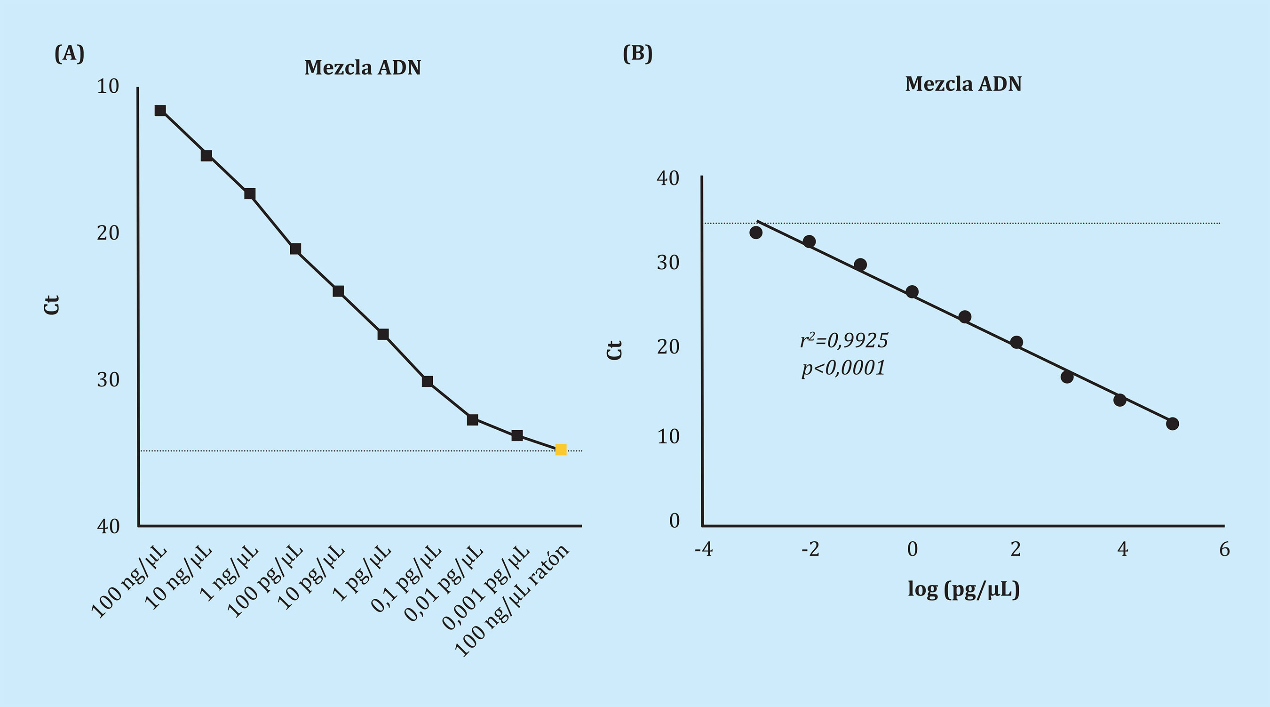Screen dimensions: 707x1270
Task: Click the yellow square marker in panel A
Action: click(561, 450)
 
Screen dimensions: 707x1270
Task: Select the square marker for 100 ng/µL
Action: click(160, 111)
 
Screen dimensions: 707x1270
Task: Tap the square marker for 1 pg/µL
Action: click(383, 335)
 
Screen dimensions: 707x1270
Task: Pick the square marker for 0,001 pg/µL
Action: click(516, 435)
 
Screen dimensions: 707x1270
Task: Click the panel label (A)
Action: click(70, 53)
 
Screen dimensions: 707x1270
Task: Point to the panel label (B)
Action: click(637, 53)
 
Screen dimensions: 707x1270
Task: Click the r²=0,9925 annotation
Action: click(844, 340)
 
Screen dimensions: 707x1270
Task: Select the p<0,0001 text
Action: click(843, 368)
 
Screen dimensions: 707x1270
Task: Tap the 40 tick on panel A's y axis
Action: click(109, 526)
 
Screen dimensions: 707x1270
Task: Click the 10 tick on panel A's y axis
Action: click(109, 86)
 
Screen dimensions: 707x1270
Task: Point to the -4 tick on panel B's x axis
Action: click(704, 549)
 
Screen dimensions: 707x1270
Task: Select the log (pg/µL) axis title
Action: click(963, 590)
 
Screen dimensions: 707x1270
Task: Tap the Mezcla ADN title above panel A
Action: click(363, 68)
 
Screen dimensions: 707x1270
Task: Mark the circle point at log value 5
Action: click(1172, 423)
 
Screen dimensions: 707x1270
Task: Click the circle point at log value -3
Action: click(756, 233)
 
